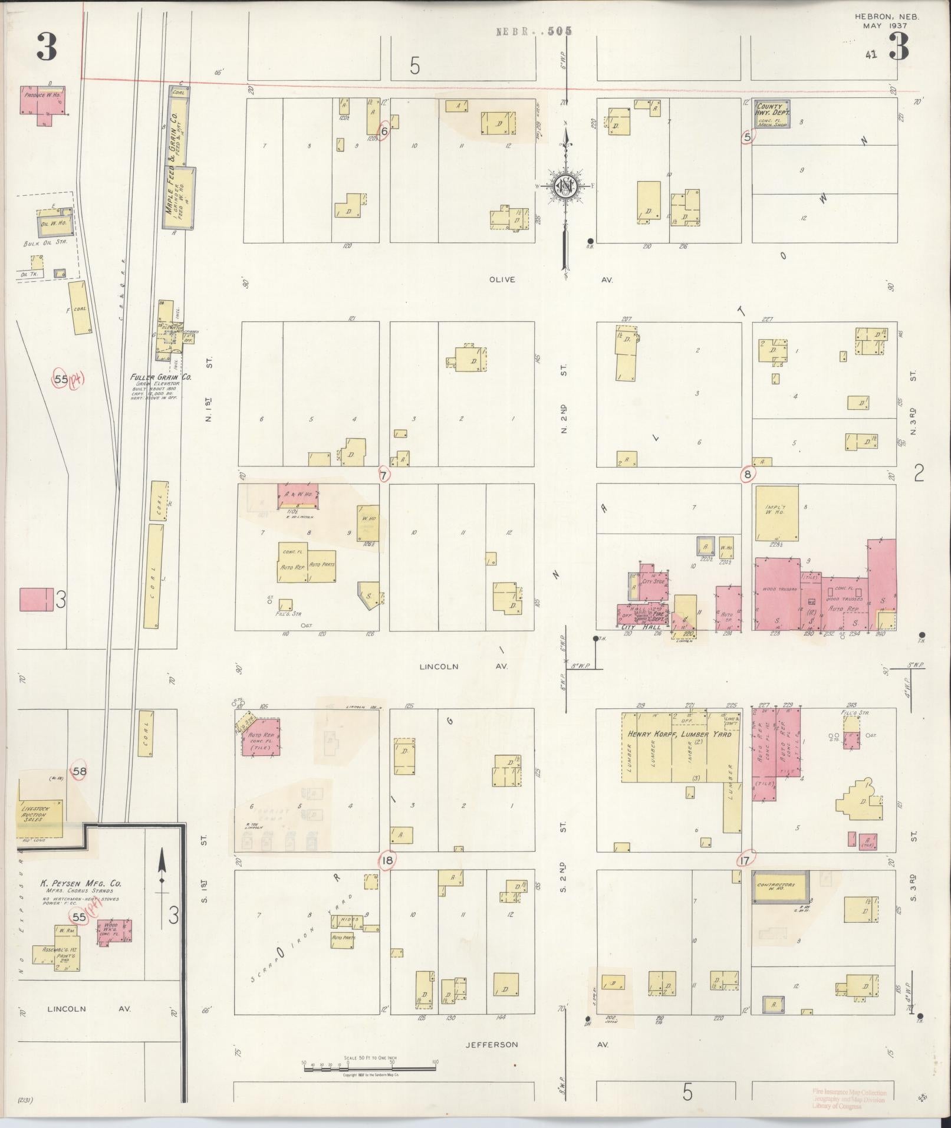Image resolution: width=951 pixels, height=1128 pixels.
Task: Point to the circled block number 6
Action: click(384, 131)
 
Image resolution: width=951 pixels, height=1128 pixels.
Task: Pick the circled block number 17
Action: click(745, 861)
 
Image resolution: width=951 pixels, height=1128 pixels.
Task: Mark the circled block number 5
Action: click(748, 137)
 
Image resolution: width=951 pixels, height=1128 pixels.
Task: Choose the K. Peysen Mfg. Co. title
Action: click(80, 900)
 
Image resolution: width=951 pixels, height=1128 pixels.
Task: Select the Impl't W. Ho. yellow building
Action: click(776, 512)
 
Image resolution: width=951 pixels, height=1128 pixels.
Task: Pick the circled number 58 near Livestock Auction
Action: click(80, 771)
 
